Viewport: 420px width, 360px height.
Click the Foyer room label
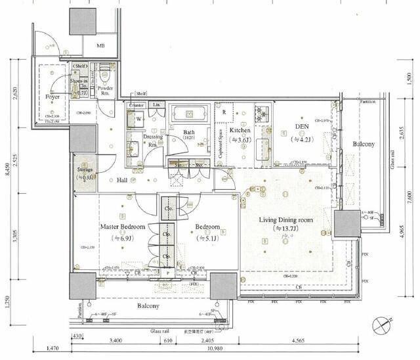tap(52, 97)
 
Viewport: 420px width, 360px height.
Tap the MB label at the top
tap(101, 45)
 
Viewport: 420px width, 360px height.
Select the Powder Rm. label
tap(105, 91)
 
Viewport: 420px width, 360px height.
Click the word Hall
tap(123, 179)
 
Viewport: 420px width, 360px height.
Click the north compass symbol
tap(383, 325)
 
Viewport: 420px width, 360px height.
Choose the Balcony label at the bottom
tap(148, 306)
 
